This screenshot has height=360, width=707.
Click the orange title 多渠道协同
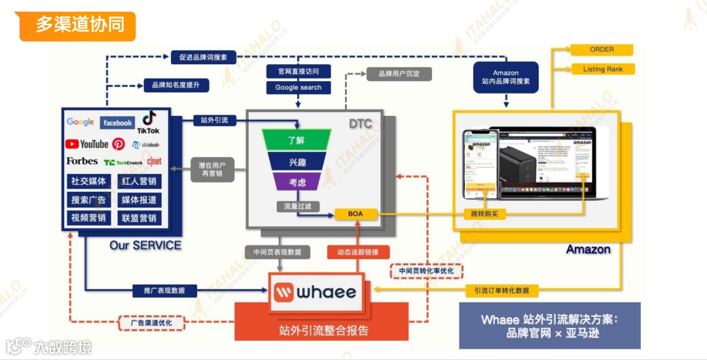coord(78,26)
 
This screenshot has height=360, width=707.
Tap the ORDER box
coord(602,50)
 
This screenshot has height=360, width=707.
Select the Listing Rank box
coord(602,69)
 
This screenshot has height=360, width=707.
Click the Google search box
coord(299,87)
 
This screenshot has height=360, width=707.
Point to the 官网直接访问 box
coord(299,71)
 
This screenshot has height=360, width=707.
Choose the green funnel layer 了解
coord(297,140)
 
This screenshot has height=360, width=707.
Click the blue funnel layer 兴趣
coord(297,162)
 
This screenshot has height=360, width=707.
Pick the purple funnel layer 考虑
coord(297,183)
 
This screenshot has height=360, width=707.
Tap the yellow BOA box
coord(355,214)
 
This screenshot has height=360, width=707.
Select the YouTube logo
coord(86,144)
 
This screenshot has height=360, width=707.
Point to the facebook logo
coord(118,122)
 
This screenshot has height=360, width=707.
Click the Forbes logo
coord(82,161)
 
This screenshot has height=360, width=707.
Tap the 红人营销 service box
coord(139,181)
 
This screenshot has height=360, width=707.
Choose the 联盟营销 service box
coord(139,218)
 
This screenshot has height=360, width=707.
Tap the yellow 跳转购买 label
coord(484,214)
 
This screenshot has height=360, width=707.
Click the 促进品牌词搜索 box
coord(203,58)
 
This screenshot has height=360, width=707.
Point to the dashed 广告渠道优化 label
coord(151,323)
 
